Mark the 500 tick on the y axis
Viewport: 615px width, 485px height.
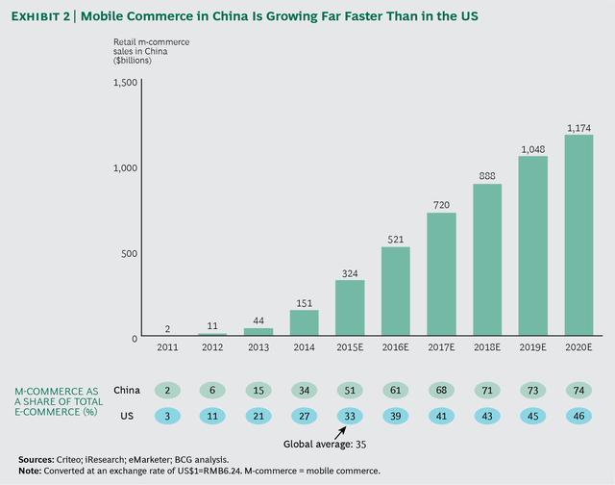[128, 253]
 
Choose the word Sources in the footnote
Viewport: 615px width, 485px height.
[36, 459]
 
